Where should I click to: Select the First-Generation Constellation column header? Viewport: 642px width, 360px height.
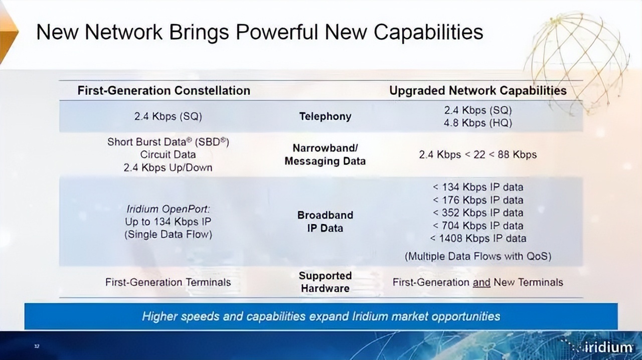pos(164,91)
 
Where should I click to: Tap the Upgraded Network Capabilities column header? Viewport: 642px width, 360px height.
pos(478,91)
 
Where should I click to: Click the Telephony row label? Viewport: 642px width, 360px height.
pos(326,116)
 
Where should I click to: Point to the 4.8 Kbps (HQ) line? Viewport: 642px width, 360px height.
pos(478,123)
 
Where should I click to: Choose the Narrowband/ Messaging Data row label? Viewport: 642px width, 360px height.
pos(326,154)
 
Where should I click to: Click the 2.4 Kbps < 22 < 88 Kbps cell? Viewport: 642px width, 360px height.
pos(478,155)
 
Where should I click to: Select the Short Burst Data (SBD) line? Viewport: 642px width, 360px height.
pos(168,142)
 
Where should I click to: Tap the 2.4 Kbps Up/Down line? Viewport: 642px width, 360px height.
pos(168,167)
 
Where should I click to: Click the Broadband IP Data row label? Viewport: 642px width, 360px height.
pos(326,222)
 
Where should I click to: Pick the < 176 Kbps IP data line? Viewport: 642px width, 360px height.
pos(478,200)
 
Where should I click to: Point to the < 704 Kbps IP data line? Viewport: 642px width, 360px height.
pos(478,226)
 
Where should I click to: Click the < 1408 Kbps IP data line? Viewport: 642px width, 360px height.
pos(478,239)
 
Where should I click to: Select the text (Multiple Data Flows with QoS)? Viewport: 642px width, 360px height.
pos(478,256)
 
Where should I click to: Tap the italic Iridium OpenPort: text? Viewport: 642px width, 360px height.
pos(168,209)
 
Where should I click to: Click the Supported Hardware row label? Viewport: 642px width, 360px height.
pos(326,282)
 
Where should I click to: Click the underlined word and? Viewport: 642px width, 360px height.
pos(481,283)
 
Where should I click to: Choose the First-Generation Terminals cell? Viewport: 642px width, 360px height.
pos(168,282)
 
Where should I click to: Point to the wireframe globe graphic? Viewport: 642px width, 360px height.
pos(576,63)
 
